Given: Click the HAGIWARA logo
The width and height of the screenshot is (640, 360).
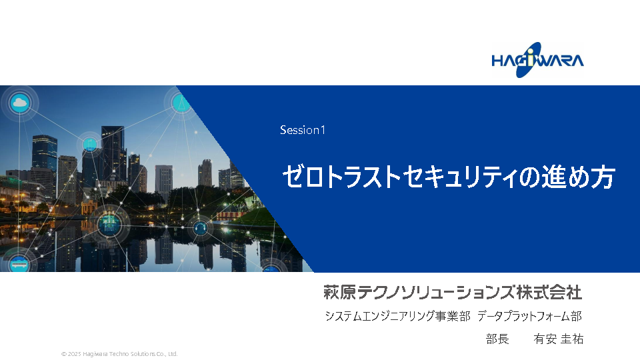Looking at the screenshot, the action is (x=537, y=60).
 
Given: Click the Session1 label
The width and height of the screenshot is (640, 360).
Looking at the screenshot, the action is (x=303, y=130).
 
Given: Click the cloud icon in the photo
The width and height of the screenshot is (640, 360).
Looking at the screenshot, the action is (x=19, y=103).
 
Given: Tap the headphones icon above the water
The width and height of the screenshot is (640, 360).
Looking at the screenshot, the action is (x=200, y=227).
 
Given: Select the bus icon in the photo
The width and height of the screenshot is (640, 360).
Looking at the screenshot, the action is (x=19, y=263).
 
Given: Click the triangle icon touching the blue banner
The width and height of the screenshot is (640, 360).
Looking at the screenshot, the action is (x=181, y=102).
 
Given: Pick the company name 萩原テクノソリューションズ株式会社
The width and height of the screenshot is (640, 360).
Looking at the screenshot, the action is (x=453, y=292).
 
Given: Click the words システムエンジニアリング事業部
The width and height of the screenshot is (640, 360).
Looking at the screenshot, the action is (x=397, y=316).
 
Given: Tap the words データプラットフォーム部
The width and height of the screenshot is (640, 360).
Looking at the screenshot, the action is (x=530, y=316).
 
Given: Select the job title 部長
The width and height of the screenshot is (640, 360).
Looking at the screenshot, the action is (x=497, y=339).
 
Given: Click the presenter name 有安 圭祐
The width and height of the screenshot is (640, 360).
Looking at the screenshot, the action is (x=559, y=339).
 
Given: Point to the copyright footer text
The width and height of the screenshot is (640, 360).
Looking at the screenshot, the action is (x=119, y=354).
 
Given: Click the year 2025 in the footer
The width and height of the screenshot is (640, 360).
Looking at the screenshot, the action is (x=74, y=354).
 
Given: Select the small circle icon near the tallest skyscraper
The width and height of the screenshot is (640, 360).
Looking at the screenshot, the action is (x=90, y=144).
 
